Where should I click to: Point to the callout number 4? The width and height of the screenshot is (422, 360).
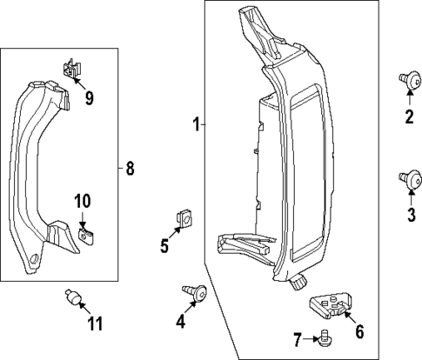coord(180,321)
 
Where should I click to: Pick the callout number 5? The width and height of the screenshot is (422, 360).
coord(164,246)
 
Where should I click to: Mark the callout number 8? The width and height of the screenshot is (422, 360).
coord(130,169)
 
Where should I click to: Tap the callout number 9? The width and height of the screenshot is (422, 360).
coord(89,97)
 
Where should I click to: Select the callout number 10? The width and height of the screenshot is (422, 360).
coord(82,201)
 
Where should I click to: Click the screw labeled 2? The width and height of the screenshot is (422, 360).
coord(406,80)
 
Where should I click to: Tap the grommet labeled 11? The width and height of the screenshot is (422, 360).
coord(74,300)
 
